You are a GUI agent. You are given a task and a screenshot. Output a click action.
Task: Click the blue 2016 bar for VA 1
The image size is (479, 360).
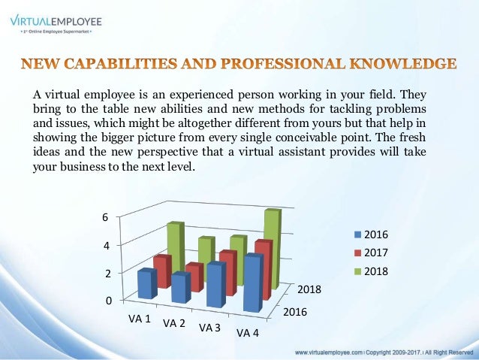pyautogui.click(x=145, y=283)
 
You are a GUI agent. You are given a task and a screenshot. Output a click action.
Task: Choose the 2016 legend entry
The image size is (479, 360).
pyautogui.click(x=376, y=234)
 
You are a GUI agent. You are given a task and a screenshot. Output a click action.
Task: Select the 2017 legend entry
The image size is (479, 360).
pyautogui.click(x=376, y=253)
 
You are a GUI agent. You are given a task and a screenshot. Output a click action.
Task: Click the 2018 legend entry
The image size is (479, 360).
pyautogui.click(x=376, y=271)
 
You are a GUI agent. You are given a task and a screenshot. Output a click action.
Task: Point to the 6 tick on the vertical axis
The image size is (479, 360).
pyautogui.click(x=106, y=217)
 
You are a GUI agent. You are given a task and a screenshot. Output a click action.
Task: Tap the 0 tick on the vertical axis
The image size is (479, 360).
pyautogui.click(x=106, y=301)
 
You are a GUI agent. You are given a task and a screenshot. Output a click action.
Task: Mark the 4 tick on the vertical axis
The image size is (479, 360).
pyautogui.click(x=106, y=245)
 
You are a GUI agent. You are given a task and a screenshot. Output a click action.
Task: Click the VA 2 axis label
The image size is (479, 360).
pyautogui.click(x=174, y=324)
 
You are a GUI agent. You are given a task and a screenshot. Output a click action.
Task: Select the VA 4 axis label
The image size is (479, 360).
pyautogui.click(x=248, y=333)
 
